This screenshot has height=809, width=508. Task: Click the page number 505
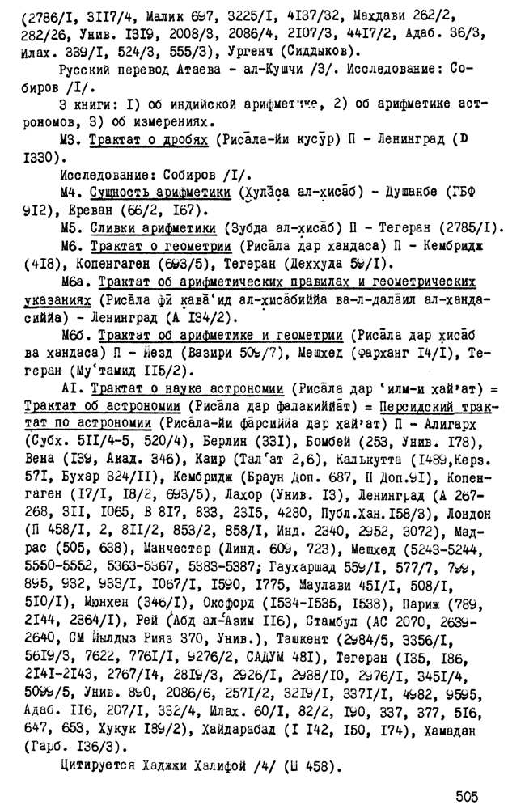coord(471,792)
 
